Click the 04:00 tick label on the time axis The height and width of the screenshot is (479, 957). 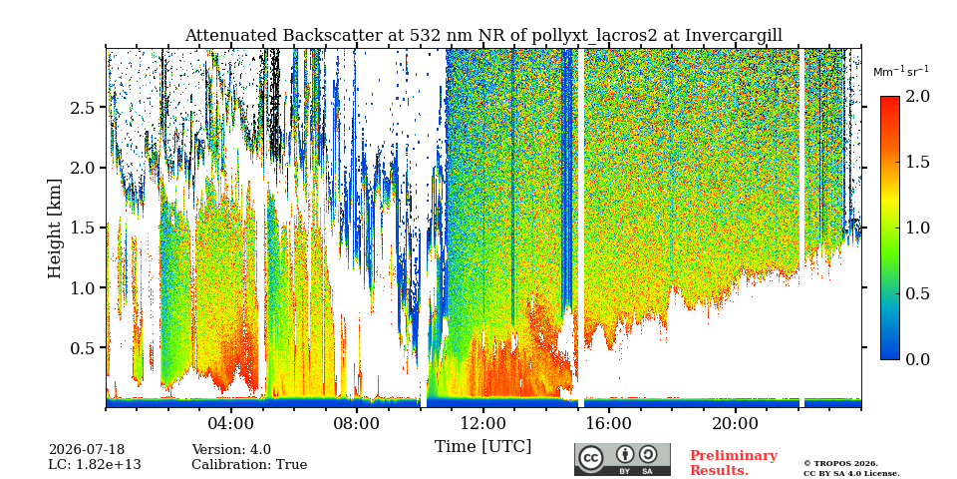[x=231, y=423]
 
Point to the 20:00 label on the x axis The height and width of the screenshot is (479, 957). [x=735, y=423]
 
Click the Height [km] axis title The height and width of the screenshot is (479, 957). [x=55, y=229]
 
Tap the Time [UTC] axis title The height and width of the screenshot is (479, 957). [x=482, y=447]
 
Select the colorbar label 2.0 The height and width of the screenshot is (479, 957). [x=917, y=96]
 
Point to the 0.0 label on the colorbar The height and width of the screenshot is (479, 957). [x=917, y=359]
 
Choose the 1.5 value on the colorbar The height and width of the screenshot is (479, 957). [x=917, y=162]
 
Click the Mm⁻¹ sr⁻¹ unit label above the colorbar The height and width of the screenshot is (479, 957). [x=901, y=71]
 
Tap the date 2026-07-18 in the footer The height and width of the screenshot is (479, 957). [x=87, y=450]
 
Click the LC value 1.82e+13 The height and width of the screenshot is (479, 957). [x=95, y=464]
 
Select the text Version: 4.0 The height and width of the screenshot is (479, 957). [x=231, y=450]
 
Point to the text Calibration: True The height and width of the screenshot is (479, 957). [x=249, y=464]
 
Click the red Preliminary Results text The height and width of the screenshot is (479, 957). [x=734, y=462]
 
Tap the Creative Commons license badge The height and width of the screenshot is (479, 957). [x=622, y=459]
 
